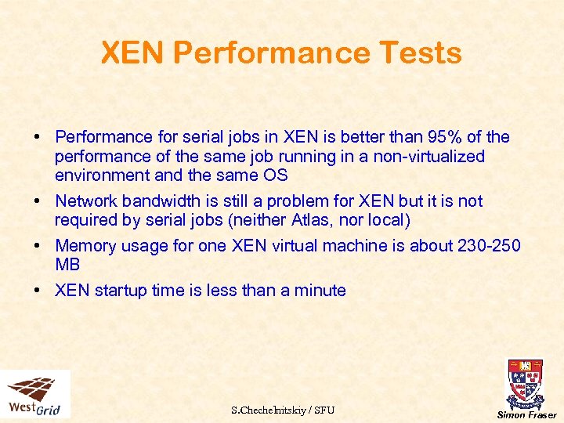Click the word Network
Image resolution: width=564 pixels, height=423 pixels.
point(87,201)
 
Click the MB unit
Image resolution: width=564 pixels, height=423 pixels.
point(67,265)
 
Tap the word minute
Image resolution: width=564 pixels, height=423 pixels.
point(320,291)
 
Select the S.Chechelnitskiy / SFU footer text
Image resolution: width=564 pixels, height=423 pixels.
point(283,410)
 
